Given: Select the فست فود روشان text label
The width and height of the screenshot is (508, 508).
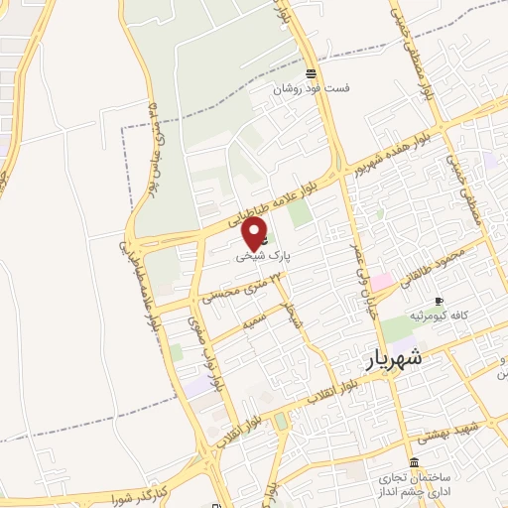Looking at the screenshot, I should click(313, 88).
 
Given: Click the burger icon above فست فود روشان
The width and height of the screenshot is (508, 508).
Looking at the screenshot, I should click(312, 73).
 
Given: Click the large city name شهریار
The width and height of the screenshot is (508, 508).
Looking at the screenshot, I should click(394, 359).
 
